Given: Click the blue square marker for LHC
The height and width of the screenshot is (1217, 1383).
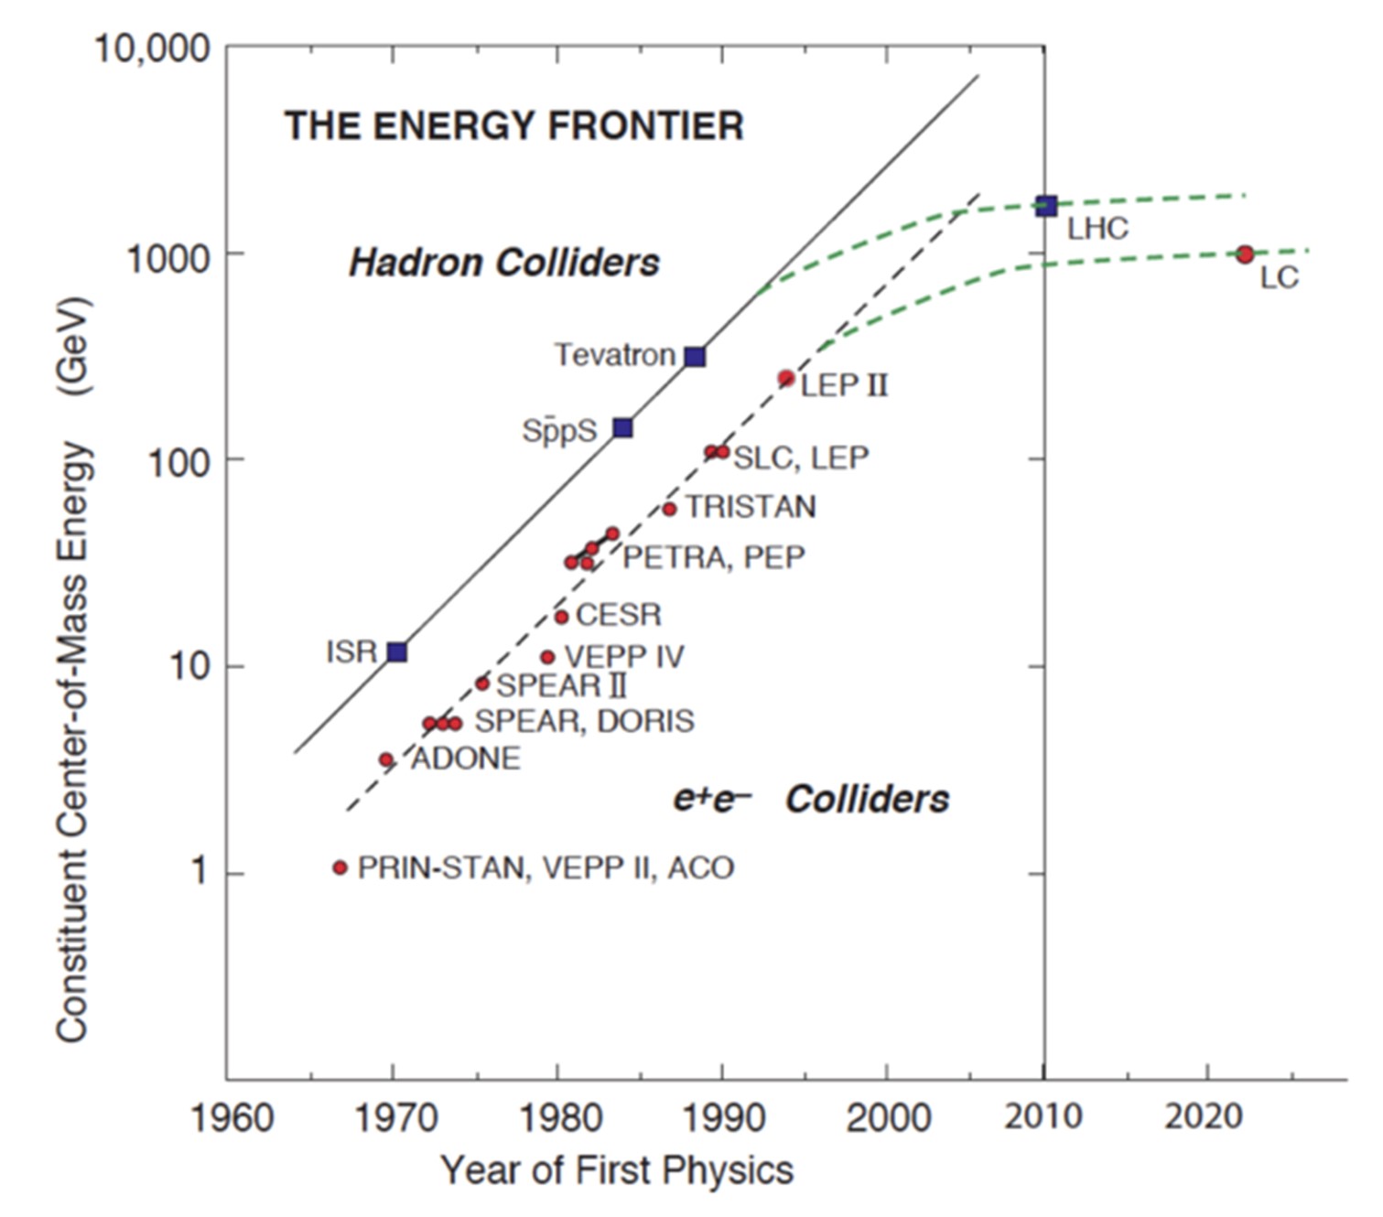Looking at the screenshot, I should pos(1046,206).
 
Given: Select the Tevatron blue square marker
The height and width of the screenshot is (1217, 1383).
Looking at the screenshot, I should pos(696,357).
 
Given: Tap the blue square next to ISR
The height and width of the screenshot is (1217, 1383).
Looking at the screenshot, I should pos(397,652).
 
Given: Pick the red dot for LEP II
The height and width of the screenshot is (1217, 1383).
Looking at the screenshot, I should pos(785,379).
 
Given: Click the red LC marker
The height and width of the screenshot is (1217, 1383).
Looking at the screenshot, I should pos(1245,254).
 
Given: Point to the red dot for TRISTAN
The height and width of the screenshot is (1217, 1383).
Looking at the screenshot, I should pos(669,510).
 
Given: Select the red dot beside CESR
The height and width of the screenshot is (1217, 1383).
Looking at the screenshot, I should pos(562,618).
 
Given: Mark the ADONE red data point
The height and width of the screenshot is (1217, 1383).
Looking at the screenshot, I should pos(386,759).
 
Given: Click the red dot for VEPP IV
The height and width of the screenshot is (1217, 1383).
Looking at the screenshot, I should pos(547,657).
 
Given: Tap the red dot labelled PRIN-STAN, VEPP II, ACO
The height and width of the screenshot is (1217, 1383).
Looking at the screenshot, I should pos(340,867).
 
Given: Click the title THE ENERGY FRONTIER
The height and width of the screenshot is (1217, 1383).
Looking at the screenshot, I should pos(514,126).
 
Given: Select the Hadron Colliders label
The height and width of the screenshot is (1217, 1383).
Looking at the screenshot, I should pos(504,264).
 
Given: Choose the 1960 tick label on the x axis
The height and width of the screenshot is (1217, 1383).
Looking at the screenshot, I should pos(232,1118).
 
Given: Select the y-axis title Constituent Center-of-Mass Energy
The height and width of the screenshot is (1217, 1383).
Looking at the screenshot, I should pos(73,668).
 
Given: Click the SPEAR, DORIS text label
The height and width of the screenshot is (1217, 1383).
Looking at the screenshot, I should pos(585,721).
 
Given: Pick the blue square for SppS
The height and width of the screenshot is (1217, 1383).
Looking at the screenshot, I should pos(622,427).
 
